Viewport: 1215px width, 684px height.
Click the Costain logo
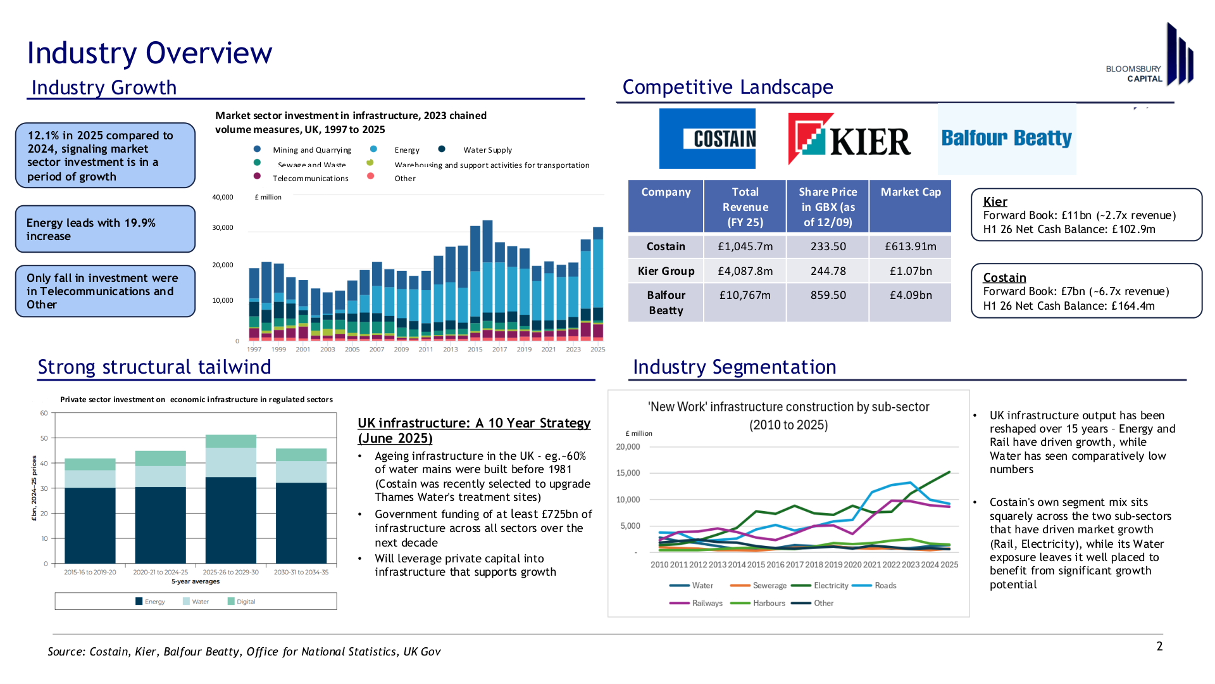coord(707,139)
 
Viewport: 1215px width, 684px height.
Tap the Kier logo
coord(849,139)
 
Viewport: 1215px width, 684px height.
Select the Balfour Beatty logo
coord(1007,139)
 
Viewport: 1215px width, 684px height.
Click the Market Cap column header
coord(911,192)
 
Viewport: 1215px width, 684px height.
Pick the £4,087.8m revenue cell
coord(745,271)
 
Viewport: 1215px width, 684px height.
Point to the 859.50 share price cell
coord(828,295)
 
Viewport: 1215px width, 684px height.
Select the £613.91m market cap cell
coord(911,246)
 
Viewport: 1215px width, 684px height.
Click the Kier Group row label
coord(666,271)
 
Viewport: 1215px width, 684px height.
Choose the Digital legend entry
coord(242,602)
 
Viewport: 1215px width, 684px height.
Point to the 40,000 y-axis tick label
coord(223,197)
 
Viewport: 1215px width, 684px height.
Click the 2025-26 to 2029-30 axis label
coord(230,572)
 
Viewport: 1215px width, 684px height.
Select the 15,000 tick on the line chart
coord(628,473)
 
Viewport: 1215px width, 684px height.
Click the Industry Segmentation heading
coord(734,367)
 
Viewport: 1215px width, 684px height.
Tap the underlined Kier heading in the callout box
coord(995,201)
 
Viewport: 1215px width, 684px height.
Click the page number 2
coord(1159,646)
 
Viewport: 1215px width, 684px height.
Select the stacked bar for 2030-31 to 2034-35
coord(301,506)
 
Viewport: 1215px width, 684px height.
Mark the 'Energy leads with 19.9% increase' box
coord(105,229)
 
